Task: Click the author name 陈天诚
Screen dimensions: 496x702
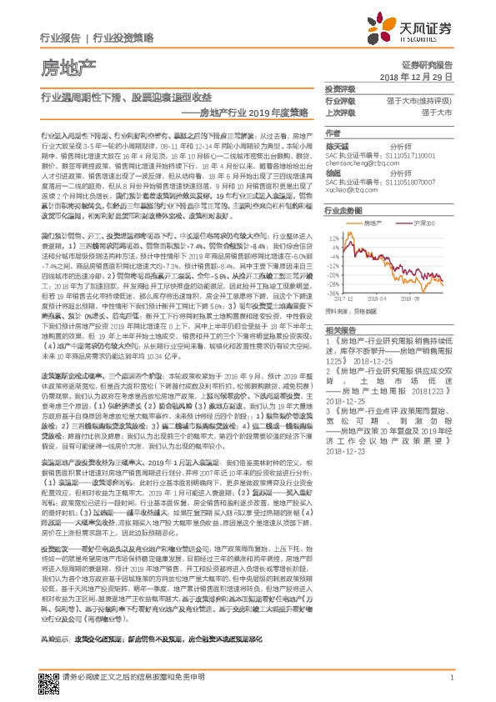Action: (336, 146)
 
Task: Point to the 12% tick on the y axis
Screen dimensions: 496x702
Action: (334, 237)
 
